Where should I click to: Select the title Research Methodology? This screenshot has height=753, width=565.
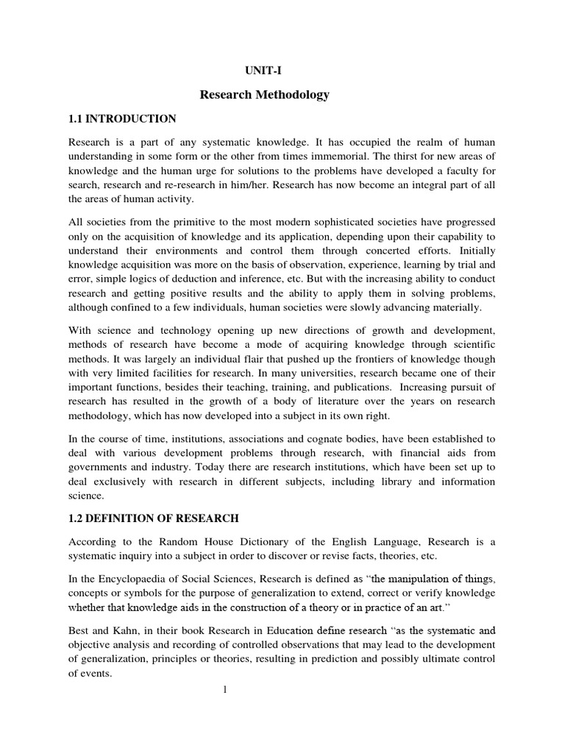coord(265,95)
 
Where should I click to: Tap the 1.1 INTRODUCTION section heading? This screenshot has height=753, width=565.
coord(122,118)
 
